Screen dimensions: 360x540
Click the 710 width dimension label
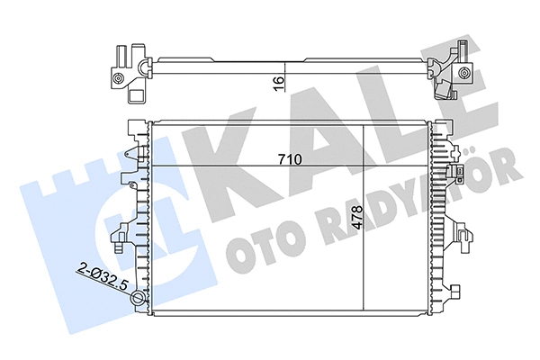[x=288, y=159]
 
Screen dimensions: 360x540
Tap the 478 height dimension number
[x=358, y=218]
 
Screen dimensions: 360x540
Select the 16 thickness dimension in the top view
[x=279, y=83]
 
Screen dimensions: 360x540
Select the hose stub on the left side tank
[x=120, y=238]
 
